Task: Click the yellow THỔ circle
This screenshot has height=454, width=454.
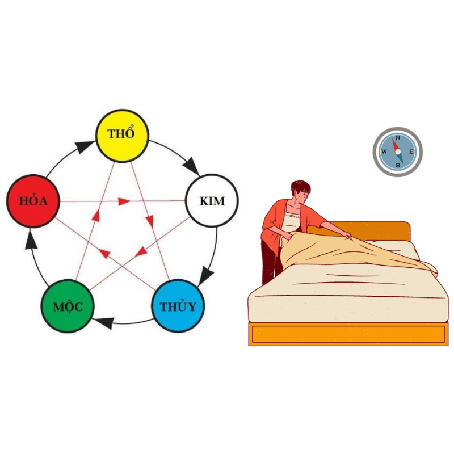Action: coord(122,134)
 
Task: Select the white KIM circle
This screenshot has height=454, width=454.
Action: coord(212,201)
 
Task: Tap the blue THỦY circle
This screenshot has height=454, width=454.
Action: coord(178,306)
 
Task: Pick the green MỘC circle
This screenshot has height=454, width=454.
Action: coord(68,307)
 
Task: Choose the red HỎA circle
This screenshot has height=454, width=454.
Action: coord(33,201)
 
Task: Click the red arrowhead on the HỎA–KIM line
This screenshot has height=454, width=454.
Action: coord(124,201)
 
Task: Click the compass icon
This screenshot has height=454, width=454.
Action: coord(397,152)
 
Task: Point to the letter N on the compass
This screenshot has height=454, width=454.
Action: coord(398,138)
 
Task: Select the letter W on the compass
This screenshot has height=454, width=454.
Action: coord(384,152)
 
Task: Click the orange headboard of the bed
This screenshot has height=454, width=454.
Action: coord(392,230)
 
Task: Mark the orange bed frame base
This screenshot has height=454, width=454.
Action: coord(348,334)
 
